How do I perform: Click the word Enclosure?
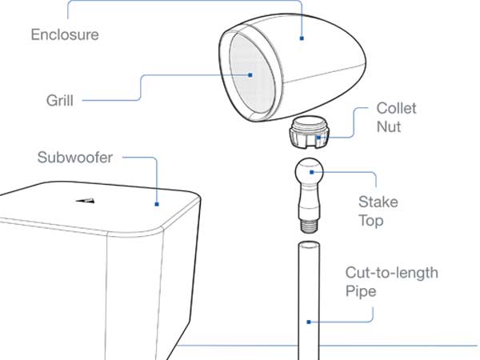(x=64, y=35)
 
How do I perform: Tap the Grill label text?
(x=61, y=102)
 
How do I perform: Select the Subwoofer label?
(x=75, y=157)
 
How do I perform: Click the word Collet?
(x=396, y=109)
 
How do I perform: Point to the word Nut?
(x=389, y=126)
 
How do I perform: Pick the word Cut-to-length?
(x=391, y=274)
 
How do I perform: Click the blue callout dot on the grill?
(x=250, y=75)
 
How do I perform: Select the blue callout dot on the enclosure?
(x=302, y=38)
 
